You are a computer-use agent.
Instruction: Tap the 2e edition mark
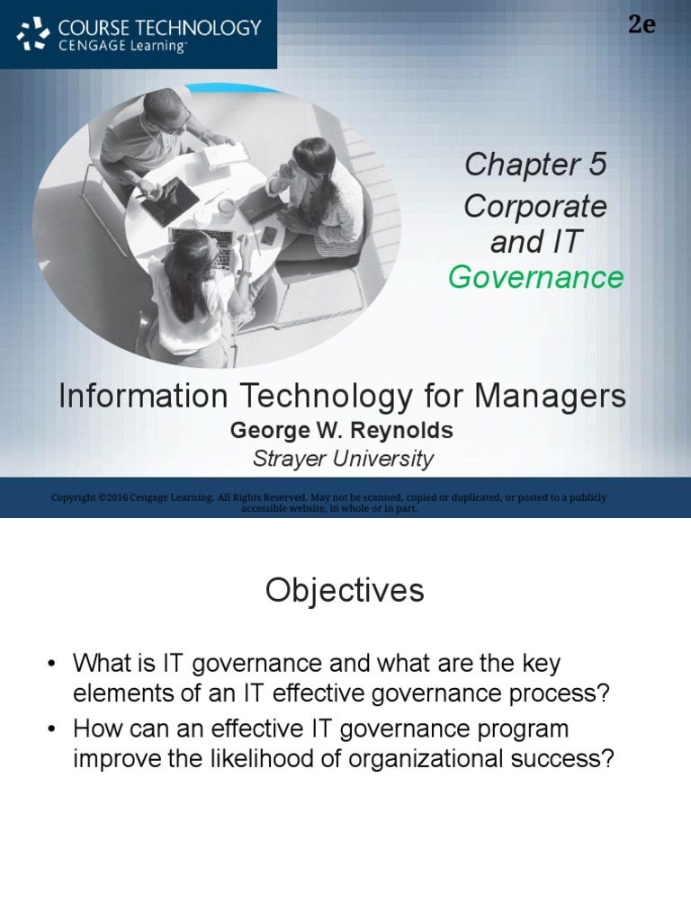642,24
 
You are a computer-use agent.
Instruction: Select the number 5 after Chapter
597,165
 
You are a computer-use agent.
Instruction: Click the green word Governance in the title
535,278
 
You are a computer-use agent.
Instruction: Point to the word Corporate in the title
535,207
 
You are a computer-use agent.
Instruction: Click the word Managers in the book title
550,397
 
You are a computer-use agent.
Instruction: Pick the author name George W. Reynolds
341,431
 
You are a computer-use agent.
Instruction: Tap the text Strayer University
343,459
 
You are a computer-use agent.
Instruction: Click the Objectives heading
345,591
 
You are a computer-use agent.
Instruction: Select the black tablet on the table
170,201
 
